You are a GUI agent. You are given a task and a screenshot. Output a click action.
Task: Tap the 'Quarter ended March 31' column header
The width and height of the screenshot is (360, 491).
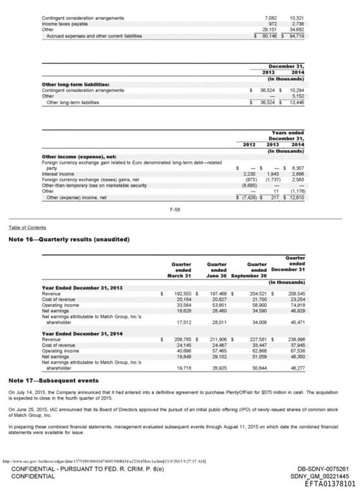[x=181, y=270]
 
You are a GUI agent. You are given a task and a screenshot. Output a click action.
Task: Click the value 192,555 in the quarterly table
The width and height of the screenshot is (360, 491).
[x=182, y=294]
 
